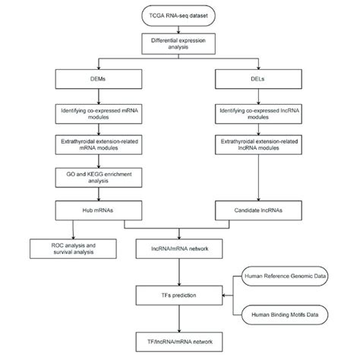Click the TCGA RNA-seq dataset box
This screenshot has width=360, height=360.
tap(180, 15)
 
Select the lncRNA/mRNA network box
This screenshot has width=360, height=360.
tap(180, 249)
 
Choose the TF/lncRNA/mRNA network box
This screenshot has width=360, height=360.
tap(180, 343)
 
